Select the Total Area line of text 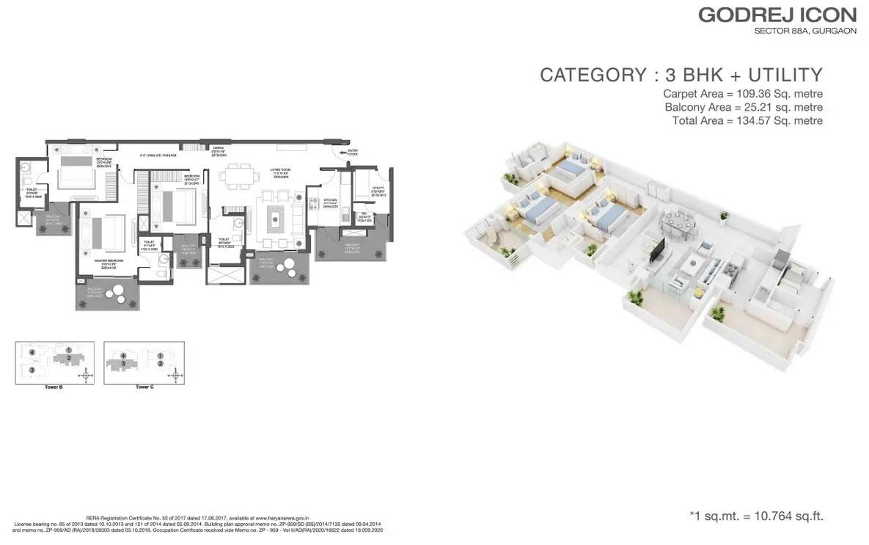click(x=747, y=121)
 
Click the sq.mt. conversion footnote click(x=762, y=516)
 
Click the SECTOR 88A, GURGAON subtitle click(x=805, y=31)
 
